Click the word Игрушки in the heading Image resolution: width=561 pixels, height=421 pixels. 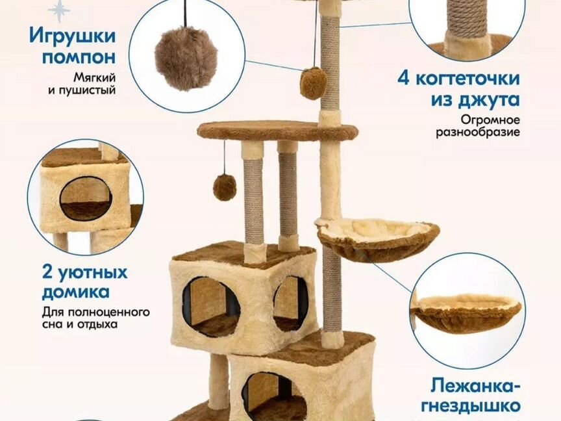pos(73,37)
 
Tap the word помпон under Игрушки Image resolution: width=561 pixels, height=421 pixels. pos(79,57)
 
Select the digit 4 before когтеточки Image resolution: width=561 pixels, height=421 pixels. pos(404,79)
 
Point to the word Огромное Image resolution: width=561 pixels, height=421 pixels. pos(490,119)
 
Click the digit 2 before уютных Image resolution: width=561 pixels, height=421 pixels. pos(47,273)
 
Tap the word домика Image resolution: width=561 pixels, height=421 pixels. pos(76,292)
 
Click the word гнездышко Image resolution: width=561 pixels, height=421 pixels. pos(471,406)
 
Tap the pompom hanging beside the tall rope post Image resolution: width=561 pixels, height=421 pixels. pos(313,83)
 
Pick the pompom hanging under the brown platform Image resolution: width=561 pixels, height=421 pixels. pos(225,188)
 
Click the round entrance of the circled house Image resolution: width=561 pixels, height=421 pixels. pos(86,198)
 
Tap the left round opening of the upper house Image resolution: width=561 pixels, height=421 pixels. pos(211,307)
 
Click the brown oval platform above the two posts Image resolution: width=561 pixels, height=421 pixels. pos(277,131)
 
